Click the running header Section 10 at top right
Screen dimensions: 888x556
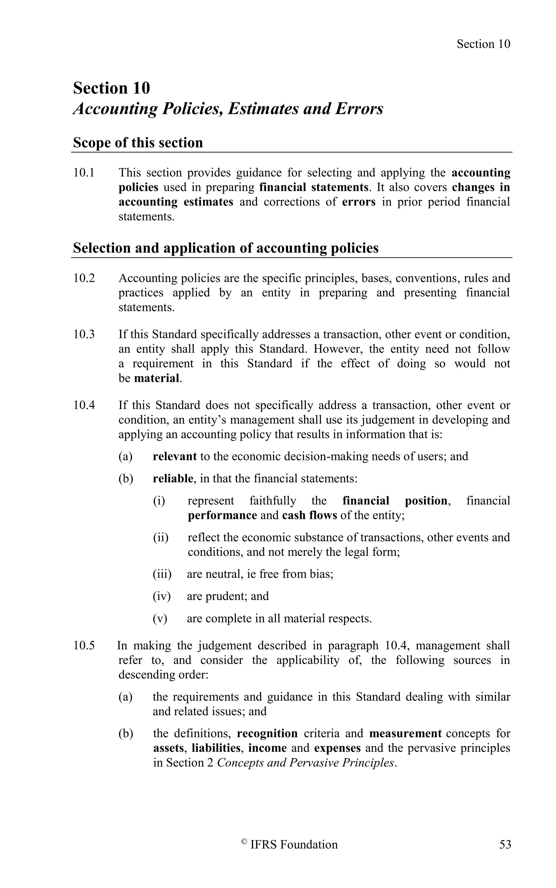(x=483, y=44)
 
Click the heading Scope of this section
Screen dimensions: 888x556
(x=138, y=143)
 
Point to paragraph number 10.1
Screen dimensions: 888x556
(x=84, y=173)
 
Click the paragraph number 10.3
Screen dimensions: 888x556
(x=84, y=334)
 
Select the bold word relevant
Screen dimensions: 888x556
(x=175, y=456)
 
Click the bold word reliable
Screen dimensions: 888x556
(x=172, y=478)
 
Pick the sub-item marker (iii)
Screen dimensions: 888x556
(x=162, y=574)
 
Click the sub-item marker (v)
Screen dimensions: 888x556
(x=160, y=618)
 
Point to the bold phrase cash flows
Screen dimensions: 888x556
(x=309, y=515)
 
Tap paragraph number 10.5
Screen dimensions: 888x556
(x=84, y=646)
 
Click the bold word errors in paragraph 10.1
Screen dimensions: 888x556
(x=359, y=202)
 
